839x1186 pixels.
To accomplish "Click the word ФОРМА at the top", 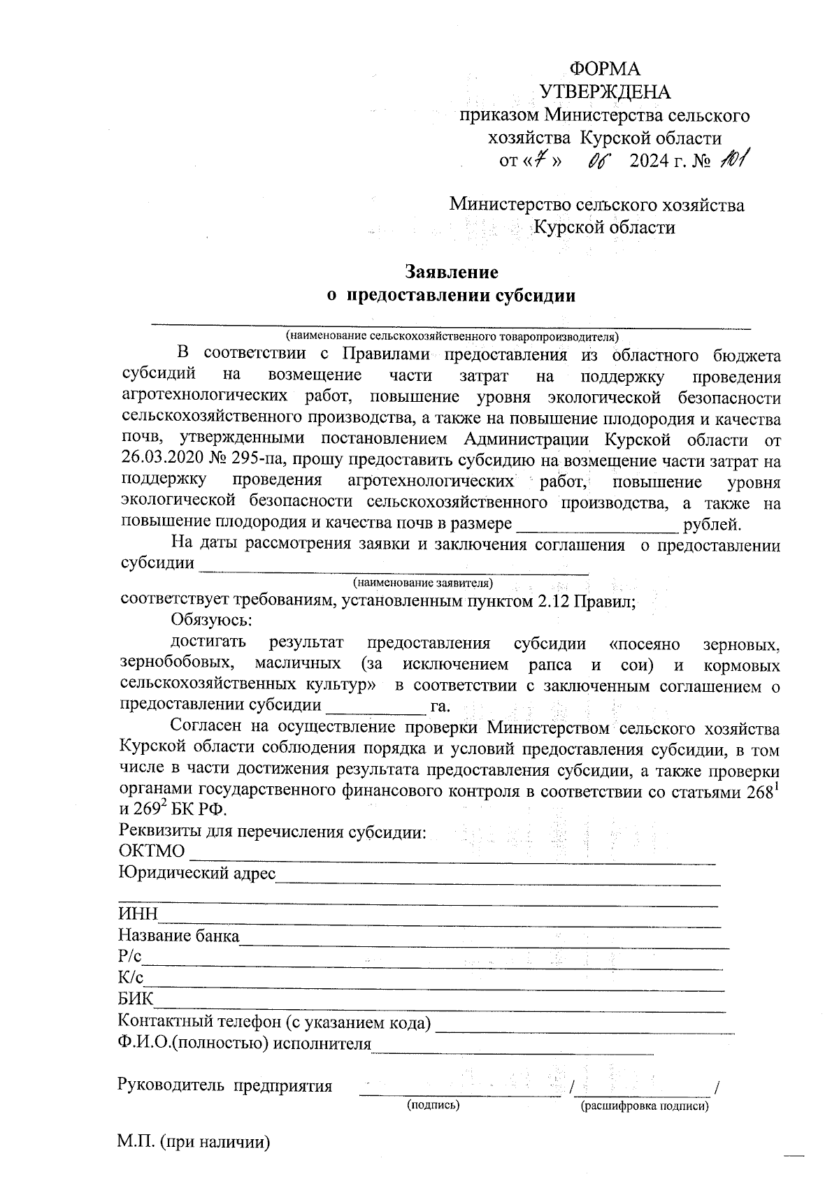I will click(x=605, y=68).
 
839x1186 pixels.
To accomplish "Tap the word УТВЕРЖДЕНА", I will click(x=605, y=92).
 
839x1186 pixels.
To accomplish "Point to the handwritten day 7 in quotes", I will click(x=537, y=161).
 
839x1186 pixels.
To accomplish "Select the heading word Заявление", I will click(x=452, y=271).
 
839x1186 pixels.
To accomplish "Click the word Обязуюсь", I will click(x=210, y=620).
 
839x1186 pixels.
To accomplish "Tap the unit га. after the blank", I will click(x=440, y=706).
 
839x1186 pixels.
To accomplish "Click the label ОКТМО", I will click(x=152, y=851).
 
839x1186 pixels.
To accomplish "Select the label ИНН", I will click(x=138, y=915).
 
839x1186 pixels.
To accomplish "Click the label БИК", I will click(x=137, y=999).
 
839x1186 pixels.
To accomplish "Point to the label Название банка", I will click(x=179, y=935).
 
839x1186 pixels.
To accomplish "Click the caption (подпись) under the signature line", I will click(x=433, y=1106).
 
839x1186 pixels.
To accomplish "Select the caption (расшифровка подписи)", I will click(x=645, y=1106).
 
